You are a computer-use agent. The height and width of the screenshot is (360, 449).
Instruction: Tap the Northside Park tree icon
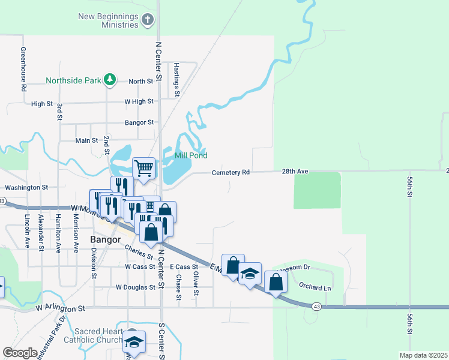tap(109, 79)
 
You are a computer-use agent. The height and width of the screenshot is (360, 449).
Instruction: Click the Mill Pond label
tap(191, 155)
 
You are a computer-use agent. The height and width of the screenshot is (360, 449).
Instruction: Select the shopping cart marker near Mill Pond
tap(144, 168)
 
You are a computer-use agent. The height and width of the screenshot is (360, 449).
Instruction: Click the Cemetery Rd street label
tap(231, 173)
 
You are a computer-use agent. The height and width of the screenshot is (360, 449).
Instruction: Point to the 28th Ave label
tap(295, 172)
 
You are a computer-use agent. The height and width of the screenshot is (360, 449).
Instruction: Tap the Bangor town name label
tap(106, 239)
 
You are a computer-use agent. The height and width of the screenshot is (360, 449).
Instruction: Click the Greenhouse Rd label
tap(23, 69)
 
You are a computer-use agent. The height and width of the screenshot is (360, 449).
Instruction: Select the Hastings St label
tap(176, 80)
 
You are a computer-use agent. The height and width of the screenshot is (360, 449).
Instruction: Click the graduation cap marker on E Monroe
tap(250, 274)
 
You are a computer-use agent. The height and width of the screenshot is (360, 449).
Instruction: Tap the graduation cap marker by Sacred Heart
tap(134, 342)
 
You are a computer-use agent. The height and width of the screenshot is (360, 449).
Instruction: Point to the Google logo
tap(20, 353)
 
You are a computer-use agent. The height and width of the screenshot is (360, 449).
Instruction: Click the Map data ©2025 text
tap(423, 355)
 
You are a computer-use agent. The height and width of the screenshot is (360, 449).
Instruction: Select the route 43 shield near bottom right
tap(316, 306)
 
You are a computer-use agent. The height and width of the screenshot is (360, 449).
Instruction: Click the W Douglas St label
tap(136, 287)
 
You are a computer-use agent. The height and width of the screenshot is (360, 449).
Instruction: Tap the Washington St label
tap(26, 187)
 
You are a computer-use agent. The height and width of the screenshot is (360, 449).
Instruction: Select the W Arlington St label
tap(61, 308)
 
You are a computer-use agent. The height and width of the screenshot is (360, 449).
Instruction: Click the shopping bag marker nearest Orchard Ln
tap(275, 283)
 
